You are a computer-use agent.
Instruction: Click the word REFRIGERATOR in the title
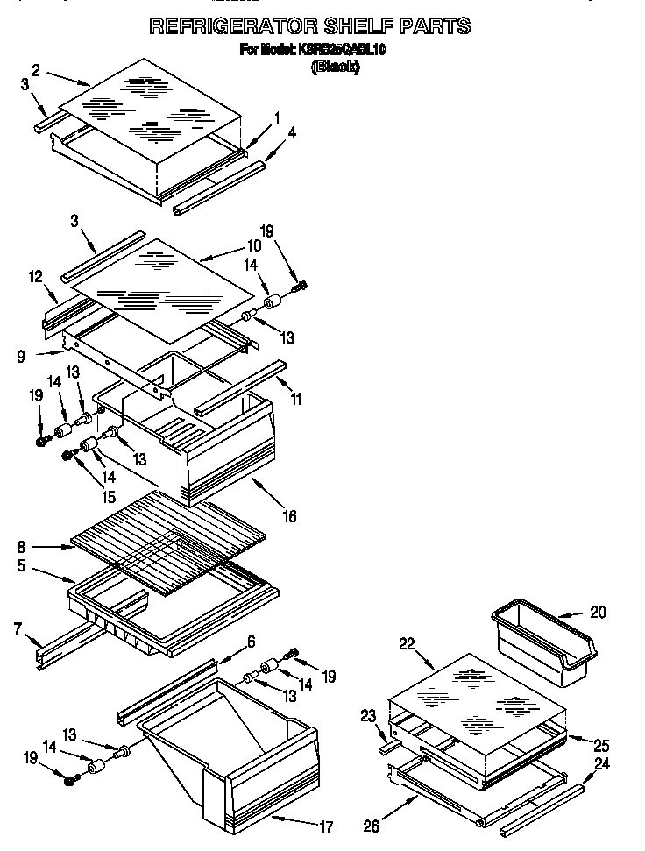click(x=230, y=26)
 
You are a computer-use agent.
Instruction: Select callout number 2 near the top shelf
click(x=36, y=69)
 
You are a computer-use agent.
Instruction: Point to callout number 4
click(x=292, y=133)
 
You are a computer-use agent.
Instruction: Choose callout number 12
click(x=35, y=277)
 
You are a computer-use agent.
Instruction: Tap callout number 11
click(x=295, y=399)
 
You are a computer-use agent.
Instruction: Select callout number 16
click(x=287, y=516)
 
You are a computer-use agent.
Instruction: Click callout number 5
click(x=19, y=566)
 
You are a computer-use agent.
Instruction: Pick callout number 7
click(x=18, y=628)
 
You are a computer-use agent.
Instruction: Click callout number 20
click(x=597, y=613)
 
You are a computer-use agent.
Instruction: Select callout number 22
click(x=406, y=643)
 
